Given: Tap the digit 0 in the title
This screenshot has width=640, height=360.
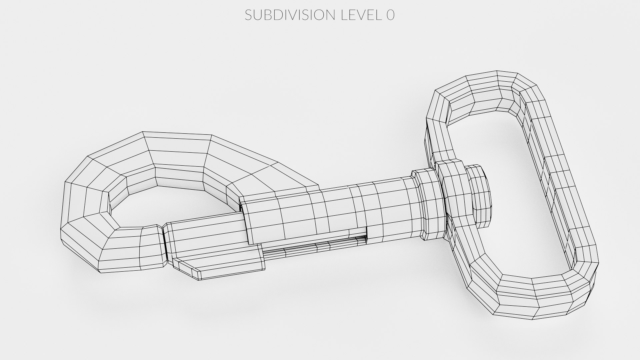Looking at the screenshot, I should pos(390,15).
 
